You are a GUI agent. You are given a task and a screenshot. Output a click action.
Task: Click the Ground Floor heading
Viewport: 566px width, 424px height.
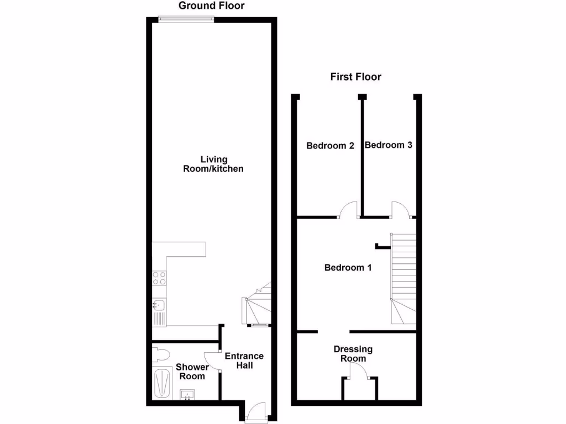[211, 6]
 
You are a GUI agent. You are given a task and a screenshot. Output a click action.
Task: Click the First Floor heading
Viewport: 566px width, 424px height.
[355, 77]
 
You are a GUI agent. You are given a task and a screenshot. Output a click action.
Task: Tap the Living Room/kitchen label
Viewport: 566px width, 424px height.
[213, 164]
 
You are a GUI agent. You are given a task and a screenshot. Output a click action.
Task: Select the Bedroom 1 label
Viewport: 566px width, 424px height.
[347, 268]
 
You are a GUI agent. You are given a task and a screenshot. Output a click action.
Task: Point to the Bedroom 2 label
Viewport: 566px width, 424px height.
[330, 146]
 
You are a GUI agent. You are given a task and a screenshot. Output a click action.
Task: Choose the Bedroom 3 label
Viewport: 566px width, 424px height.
[389, 145]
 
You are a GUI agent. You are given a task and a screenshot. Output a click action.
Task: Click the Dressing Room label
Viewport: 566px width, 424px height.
[353, 354]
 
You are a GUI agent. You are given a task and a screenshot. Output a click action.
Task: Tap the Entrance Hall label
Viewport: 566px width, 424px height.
[244, 361]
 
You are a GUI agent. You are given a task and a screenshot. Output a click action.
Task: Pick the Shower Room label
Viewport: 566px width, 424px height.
[192, 372]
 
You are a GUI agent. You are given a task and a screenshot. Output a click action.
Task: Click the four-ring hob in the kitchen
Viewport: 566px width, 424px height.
[159, 278]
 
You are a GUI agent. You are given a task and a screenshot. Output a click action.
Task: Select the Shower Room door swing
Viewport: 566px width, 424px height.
[212, 359]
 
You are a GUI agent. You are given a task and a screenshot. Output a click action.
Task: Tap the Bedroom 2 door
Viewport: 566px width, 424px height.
[349, 210]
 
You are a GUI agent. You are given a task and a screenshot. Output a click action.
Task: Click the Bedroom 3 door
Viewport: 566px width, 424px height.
[400, 210]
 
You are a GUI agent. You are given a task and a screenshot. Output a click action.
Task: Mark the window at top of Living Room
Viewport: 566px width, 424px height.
[186, 19]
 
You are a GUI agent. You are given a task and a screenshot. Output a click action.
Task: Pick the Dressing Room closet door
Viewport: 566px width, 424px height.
[360, 377]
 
